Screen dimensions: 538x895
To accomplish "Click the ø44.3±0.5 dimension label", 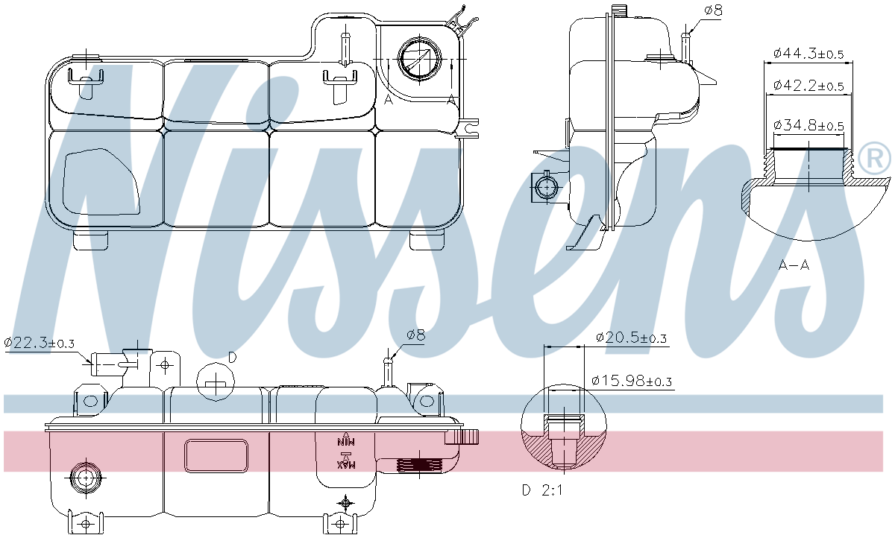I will click(808, 54).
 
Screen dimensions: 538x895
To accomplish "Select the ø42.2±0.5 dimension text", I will click(808, 86).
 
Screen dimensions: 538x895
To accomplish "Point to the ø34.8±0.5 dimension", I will click(808, 125).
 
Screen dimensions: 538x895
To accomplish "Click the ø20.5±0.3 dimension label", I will click(632, 338).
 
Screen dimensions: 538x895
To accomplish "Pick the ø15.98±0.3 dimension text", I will click(632, 381).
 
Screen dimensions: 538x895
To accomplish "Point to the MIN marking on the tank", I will click(345, 440).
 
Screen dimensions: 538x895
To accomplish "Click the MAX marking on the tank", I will click(345, 463).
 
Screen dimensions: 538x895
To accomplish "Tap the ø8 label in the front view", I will click(415, 335).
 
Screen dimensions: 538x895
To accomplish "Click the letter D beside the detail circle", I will click(232, 358).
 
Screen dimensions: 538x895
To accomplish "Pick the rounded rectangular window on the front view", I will click(216, 455).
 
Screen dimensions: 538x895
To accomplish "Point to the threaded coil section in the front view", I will click(419, 466).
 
